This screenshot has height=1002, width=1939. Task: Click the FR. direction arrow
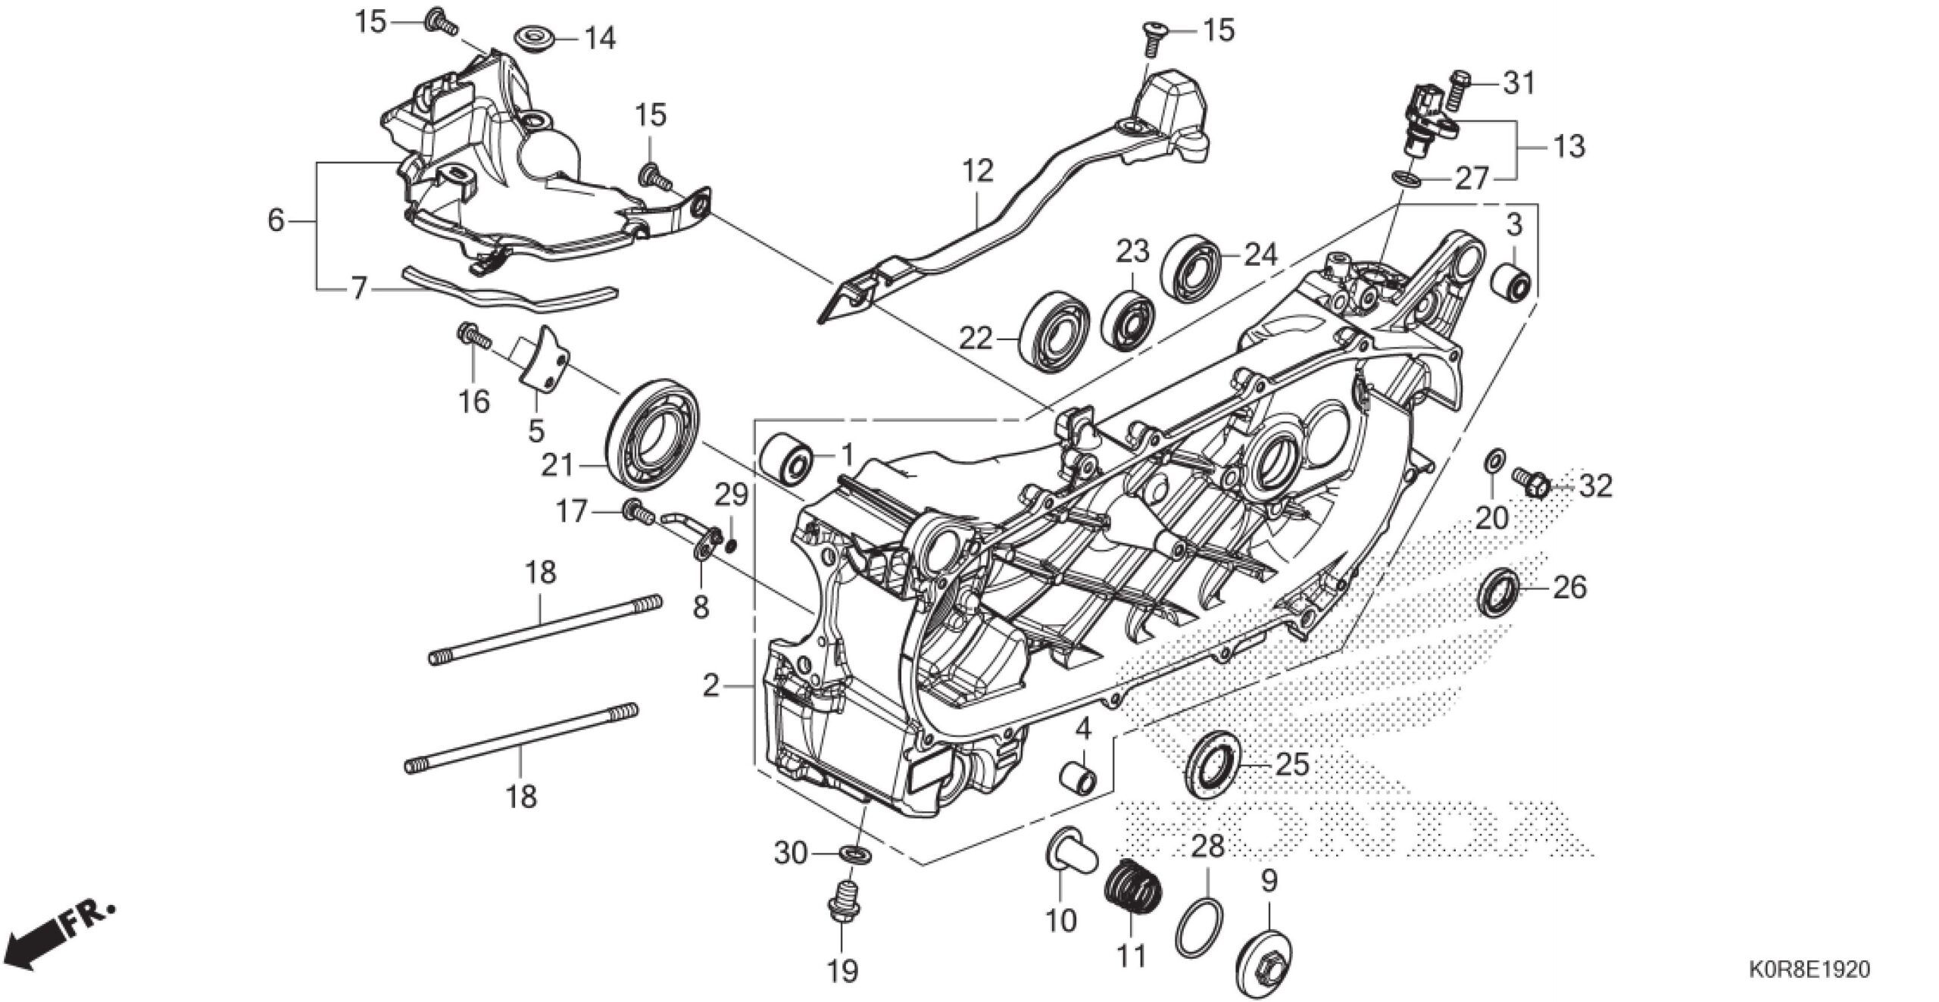click(x=57, y=938)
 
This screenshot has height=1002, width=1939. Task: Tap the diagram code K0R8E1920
click(x=1808, y=969)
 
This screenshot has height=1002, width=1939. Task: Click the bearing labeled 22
click(x=1055, y=332)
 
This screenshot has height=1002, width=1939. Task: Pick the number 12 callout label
click(x=979, y=172)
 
